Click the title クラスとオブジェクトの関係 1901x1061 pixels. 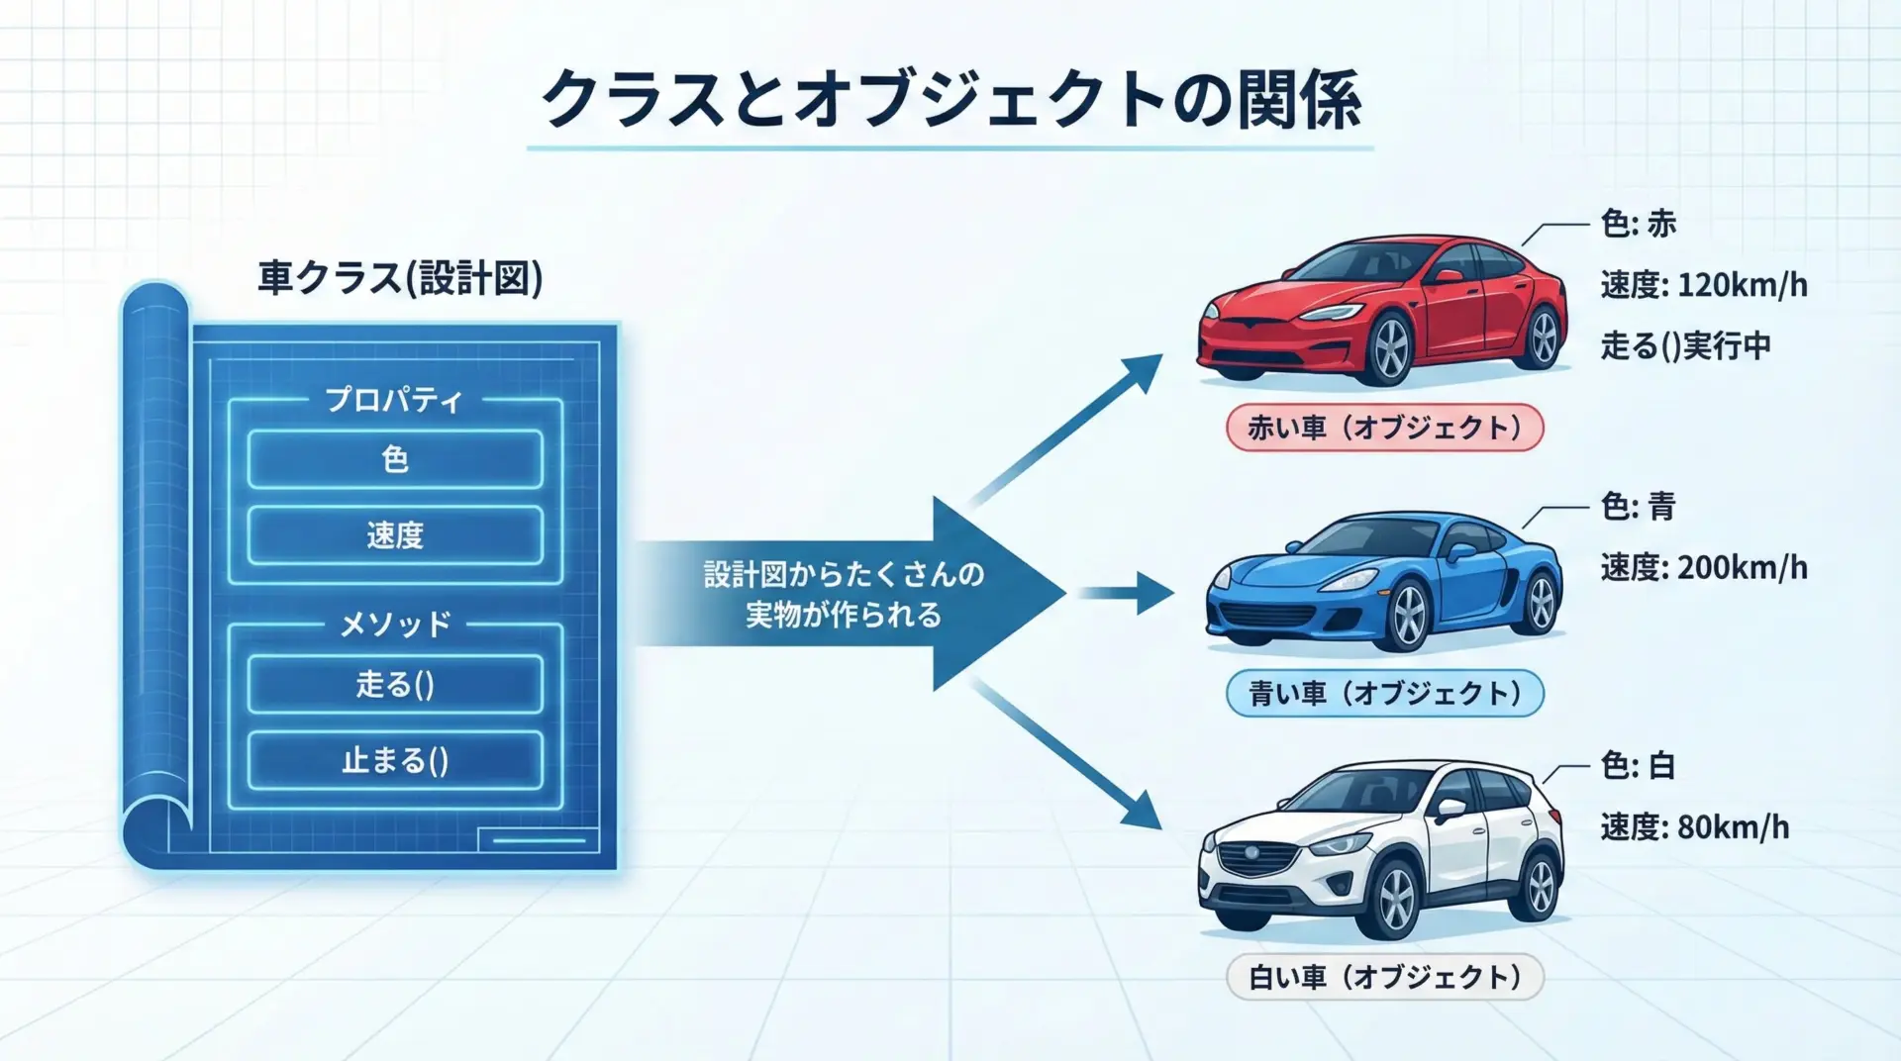tap(950, 99)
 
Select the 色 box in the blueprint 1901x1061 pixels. tap(395, 459)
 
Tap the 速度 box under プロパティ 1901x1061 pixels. tap(395, 535)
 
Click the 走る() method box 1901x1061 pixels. tap(395, 684)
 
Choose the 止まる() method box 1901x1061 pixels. tap(395, 760)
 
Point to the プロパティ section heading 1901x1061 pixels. tap(394, 400)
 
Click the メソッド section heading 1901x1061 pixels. tap(395, 624)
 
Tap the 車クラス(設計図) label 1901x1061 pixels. tap(400, 277)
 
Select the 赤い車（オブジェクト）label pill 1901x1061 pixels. tap(1384, 428)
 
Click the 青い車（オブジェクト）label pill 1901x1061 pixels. tap(1384, 693)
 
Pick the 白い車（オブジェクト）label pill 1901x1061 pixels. tap(1384, 977)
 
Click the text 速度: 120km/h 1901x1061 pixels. tap(1703, 285)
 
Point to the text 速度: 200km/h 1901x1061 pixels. tap(1703, 568)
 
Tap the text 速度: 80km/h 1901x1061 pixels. tap(1694, 826)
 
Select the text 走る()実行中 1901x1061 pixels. tap(1685, 346)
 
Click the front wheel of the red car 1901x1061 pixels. tap(1390, 348)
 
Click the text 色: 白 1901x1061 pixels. tap(1638, 765)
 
